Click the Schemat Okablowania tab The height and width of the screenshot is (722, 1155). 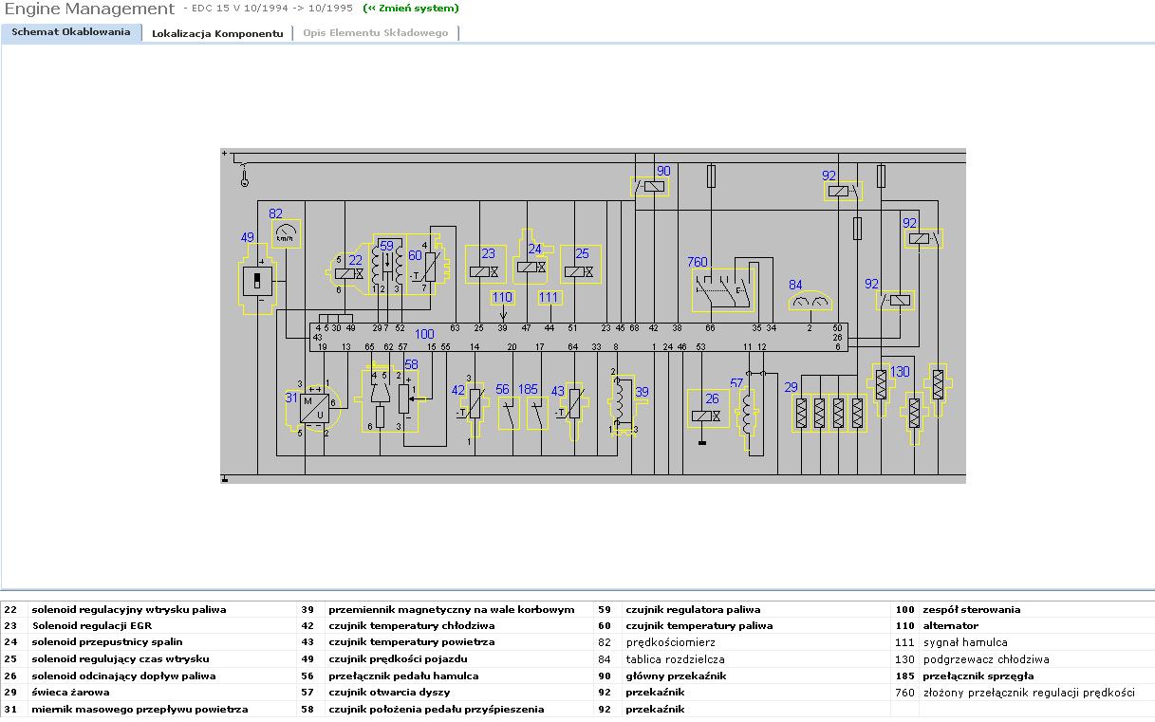pos(71,32)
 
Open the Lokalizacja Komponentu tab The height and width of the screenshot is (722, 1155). pos(217,33)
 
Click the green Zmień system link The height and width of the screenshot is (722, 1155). pos(411,9)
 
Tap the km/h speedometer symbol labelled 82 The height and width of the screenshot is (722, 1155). pos(285,233)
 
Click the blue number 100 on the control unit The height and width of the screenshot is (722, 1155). pos(424,334)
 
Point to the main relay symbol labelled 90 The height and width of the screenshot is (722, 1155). pos(650,187)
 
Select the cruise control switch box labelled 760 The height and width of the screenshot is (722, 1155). pos(723,290)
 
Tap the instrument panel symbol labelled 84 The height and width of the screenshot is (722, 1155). pos(810,302)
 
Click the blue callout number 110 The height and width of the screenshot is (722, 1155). pos(502,297)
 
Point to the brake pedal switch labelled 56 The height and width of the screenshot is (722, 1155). pos(510,414)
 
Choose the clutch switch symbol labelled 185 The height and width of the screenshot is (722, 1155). pos(537,414)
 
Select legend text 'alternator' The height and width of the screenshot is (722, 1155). pos(950,626)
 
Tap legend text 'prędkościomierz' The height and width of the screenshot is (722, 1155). pos(670,642)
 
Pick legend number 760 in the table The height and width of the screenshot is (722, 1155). pos(904,693)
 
